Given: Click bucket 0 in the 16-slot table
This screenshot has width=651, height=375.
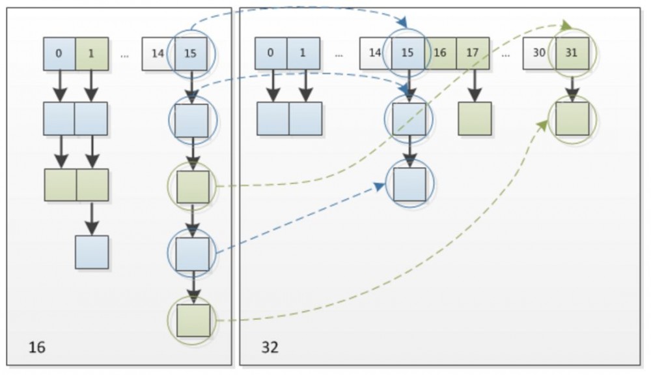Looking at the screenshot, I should pos(59,53).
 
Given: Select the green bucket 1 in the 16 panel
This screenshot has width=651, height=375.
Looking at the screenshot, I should pos(92,53).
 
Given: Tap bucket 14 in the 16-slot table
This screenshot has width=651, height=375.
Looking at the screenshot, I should pos(158,53).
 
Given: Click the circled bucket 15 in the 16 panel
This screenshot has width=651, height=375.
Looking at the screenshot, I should pos(191,53).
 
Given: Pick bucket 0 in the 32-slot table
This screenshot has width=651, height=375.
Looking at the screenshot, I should pos(271,53).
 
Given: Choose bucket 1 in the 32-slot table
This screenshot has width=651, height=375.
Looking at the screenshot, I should pos(303,53).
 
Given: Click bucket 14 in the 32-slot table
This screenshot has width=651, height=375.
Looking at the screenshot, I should pos(375,53).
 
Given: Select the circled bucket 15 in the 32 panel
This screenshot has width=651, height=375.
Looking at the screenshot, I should pos(408,53).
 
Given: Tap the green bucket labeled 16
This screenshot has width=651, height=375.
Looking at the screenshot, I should pos(441,53).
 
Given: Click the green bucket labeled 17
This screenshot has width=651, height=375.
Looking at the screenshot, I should pos(473,53).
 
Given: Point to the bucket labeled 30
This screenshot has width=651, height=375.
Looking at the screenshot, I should pos(539,53).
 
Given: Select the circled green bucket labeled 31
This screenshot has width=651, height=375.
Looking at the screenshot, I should pos(572,53).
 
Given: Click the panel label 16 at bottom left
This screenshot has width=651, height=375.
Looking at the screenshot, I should pos(37,347).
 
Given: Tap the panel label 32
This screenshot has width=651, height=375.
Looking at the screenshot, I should pos(270,347).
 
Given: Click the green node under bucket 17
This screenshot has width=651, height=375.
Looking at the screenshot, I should pos(475,119).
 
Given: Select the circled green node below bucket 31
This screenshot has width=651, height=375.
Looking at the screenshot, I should pos(572,119).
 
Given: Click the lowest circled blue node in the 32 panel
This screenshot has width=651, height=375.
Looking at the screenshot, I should pos(409,184).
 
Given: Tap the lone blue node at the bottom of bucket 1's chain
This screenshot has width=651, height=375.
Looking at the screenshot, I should pos(92,252).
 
